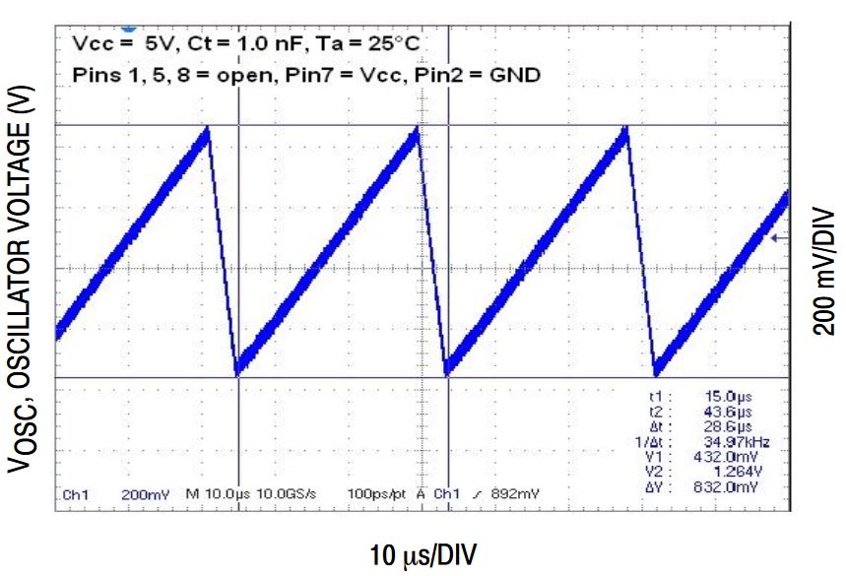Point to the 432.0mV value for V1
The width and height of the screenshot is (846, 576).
pos(733,458)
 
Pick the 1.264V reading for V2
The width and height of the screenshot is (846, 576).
pos(738,473)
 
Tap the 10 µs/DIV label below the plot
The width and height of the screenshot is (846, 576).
pos(423,555)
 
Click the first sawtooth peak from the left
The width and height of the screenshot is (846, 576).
pos(208,129)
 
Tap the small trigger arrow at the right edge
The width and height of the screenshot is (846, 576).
pos(778,237)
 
